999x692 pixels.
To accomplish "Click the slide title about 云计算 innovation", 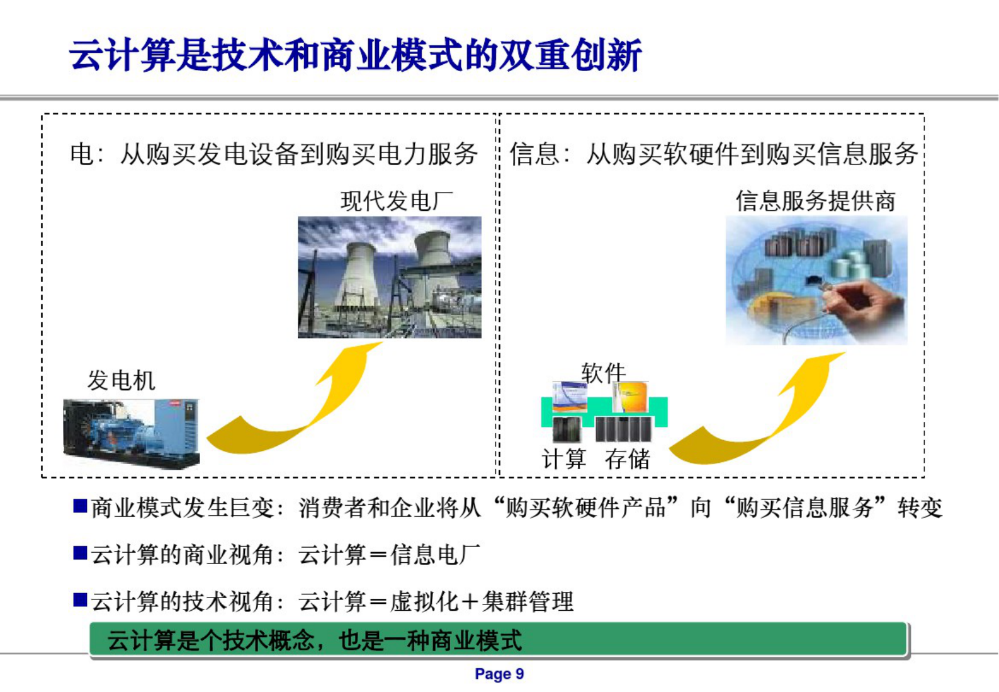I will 356,55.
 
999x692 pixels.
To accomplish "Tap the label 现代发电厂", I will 397,201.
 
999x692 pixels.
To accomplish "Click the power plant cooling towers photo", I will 389,277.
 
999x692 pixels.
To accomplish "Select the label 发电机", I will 121,380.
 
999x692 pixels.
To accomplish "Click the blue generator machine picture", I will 131,433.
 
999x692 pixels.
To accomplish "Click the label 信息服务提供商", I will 815,201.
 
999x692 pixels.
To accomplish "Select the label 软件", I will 602,373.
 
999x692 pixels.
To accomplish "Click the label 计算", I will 564,459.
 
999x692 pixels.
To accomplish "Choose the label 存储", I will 627,459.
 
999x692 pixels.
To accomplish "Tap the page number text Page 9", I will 499,674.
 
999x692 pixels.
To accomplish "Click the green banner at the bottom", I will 497,640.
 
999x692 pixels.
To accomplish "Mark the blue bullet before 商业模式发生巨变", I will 80,506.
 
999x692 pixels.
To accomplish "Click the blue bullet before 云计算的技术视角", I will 80,599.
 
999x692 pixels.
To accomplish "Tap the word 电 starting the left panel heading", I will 81,154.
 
